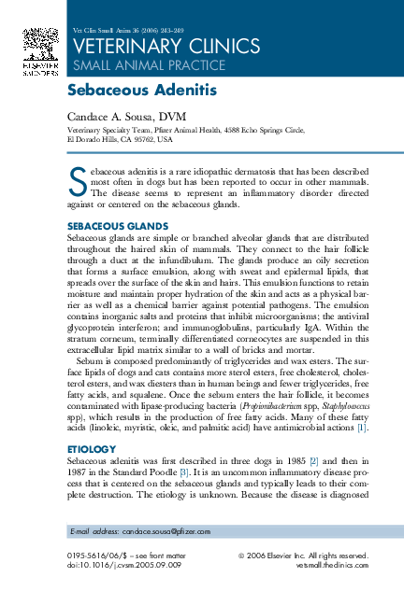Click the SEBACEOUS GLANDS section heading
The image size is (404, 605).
click(118, 227)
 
